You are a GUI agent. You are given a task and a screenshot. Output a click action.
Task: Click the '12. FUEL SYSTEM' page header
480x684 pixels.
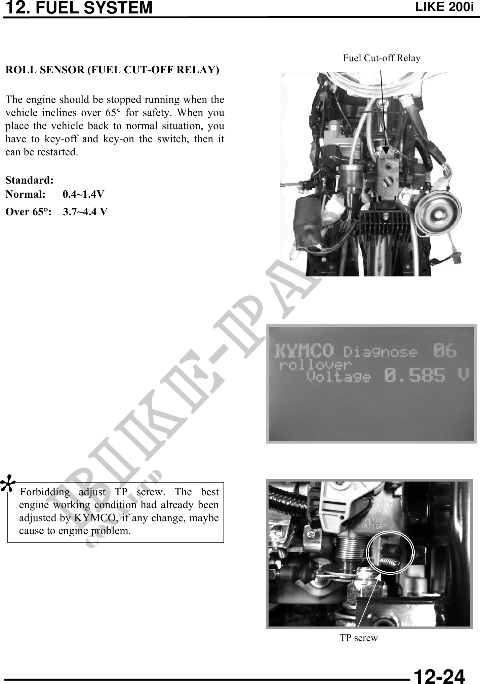click(x=79, y=8)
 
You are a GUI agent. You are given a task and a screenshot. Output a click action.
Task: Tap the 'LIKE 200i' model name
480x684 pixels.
click(x=444, y=7)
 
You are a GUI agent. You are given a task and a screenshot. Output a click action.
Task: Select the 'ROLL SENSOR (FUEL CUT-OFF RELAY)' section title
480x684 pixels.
click(x=112, y=70)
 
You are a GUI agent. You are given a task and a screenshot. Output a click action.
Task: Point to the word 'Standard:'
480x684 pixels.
click(x=30, y=180)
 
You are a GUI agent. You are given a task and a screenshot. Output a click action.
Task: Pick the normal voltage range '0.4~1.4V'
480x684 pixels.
click(x=83, y=194)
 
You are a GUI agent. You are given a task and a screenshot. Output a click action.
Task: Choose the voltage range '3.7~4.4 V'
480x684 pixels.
click(x=85, y=212)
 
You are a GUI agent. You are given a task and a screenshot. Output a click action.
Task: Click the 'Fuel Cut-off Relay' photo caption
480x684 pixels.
click(x=382, y=58)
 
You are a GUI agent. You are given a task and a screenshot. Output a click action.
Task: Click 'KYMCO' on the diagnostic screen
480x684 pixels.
click(x=304, y=351)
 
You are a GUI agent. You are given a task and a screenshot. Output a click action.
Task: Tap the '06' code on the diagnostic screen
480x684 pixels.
click(x=444, y=351)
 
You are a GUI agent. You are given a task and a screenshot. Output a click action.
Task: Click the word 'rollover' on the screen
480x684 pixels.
click(x=315, y=365)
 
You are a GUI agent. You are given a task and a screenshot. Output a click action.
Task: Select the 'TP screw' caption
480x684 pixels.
click(x=359, y=638)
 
